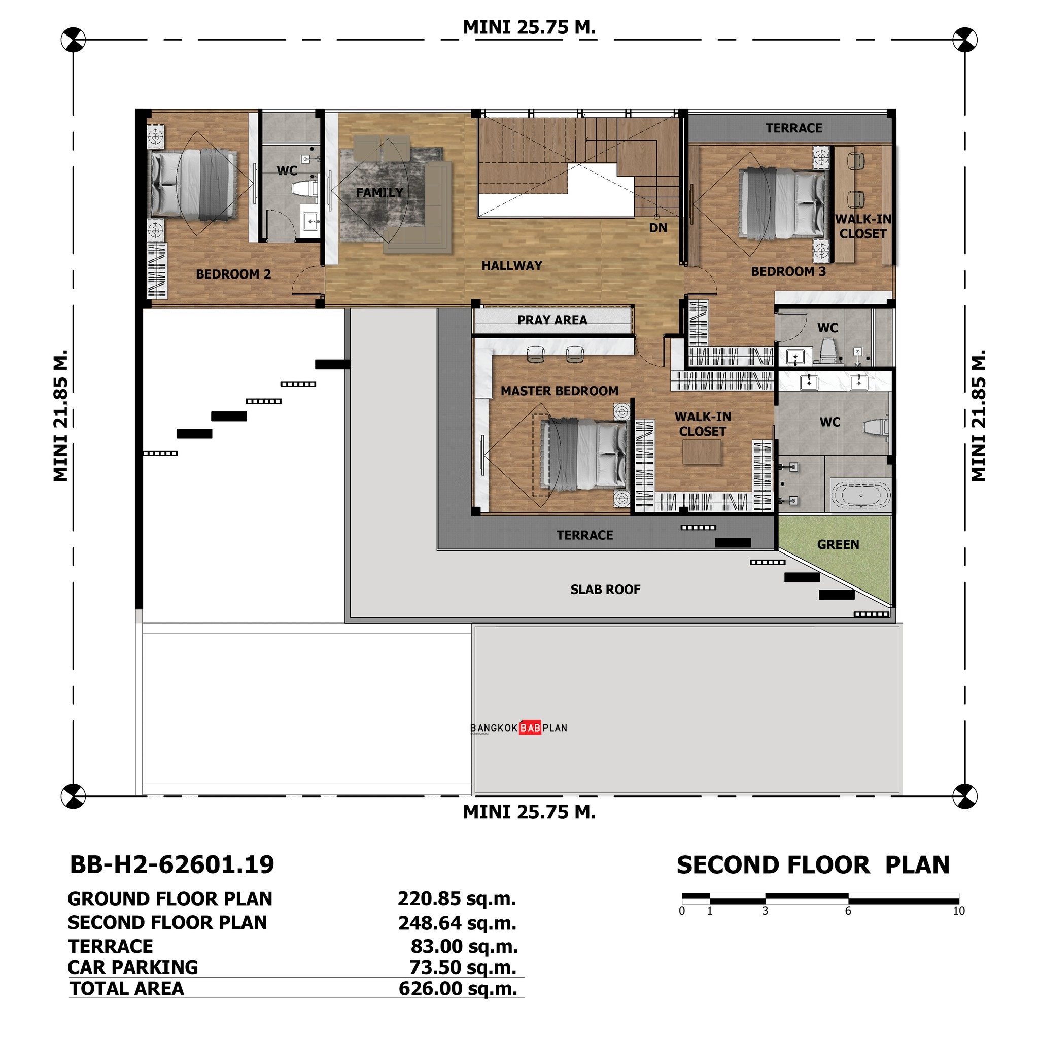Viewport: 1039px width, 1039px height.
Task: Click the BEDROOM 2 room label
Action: [x=233, y=274]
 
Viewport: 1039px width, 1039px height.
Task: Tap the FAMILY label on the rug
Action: [x=379, y=192]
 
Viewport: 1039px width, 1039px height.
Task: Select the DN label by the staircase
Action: [x=657, y=228]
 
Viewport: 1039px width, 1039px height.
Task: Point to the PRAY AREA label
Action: [x=552, y=320]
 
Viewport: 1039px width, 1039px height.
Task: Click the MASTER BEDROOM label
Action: [x=559, y=391]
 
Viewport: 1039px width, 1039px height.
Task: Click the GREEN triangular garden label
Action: [x=838, y=545]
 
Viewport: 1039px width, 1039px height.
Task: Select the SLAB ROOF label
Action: [x=605, y=590]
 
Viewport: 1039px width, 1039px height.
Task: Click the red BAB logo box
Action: [x=530, y=728]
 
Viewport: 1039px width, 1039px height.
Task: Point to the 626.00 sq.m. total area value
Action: [x=458, y=989]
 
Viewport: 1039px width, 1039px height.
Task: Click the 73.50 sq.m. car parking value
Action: [x=463, y=967]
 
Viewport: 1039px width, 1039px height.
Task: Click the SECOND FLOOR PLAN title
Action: [x=813, y=865]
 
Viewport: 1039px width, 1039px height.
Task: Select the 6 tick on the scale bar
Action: [x=848, y=911]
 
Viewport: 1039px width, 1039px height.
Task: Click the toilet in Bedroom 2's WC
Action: [x=305, y=189]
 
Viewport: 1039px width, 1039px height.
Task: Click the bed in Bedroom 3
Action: [x=782, y=203]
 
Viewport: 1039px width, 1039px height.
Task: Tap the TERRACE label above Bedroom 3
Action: [x=794, y=128]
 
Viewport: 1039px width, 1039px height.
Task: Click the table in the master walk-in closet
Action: [x=701, y=452]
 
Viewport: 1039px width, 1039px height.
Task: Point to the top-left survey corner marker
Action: [x=73, y=40]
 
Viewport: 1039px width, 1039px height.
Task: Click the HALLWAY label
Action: [x=511, y=266]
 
